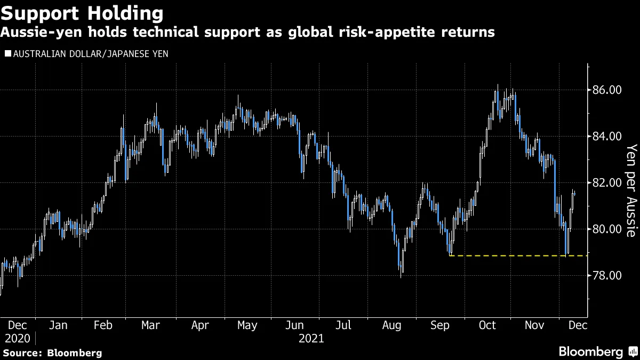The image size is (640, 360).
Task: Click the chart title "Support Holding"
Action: pos(82,12)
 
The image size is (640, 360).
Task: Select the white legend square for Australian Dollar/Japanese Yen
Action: pos(7,54)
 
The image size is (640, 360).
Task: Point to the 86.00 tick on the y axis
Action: pos(607,90)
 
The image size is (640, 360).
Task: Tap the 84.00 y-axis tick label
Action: pos(607,137)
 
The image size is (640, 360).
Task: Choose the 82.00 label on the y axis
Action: pos(607,183)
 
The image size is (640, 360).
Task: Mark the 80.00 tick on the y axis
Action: pos(607,229)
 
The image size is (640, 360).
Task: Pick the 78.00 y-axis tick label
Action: pos(607,276)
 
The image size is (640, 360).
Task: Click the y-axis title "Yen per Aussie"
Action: pos(631,190)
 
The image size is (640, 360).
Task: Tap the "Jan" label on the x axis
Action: pos(58,325)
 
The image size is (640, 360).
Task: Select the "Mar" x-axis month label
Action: pos(151,325)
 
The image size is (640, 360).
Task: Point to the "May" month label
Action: pos(247,325)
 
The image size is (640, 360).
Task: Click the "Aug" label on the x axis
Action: pos(392,325)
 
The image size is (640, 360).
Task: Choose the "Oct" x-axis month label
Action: pos(488,325)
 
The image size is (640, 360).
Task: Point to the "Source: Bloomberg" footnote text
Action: pos(52,353)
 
